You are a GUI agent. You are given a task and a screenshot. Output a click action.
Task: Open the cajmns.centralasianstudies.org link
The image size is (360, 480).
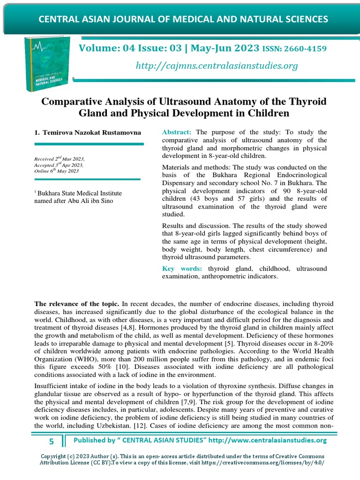[217, 66]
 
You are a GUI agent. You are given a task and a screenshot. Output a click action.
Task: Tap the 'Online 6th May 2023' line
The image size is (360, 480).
[56, 171]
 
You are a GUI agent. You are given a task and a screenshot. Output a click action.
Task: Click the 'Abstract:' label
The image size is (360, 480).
[177, 133]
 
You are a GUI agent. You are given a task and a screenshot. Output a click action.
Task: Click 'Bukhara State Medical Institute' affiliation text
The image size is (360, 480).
[76, 193]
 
